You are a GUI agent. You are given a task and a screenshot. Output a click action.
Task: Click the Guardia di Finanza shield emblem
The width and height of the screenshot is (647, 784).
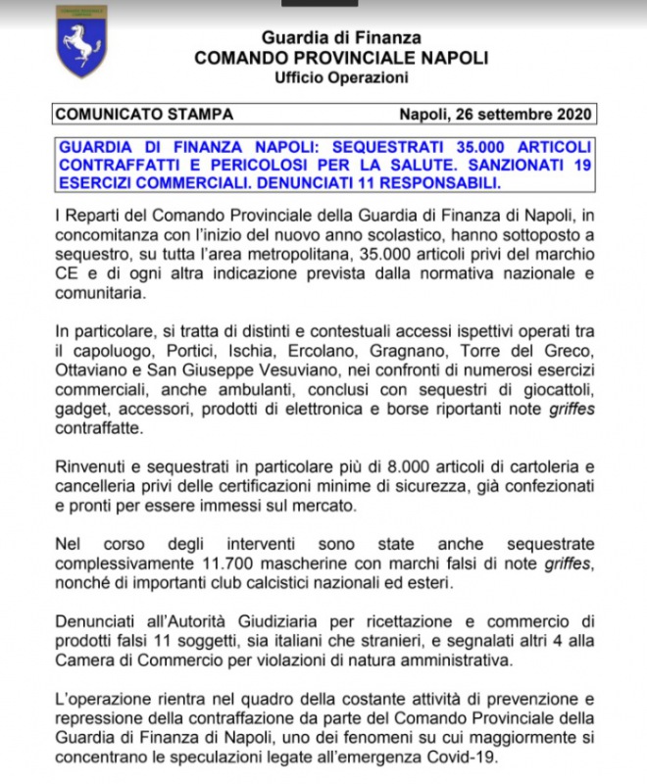tap(82, 42)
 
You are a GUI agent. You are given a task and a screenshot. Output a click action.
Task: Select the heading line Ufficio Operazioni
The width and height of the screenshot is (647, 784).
tap(341, 77)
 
